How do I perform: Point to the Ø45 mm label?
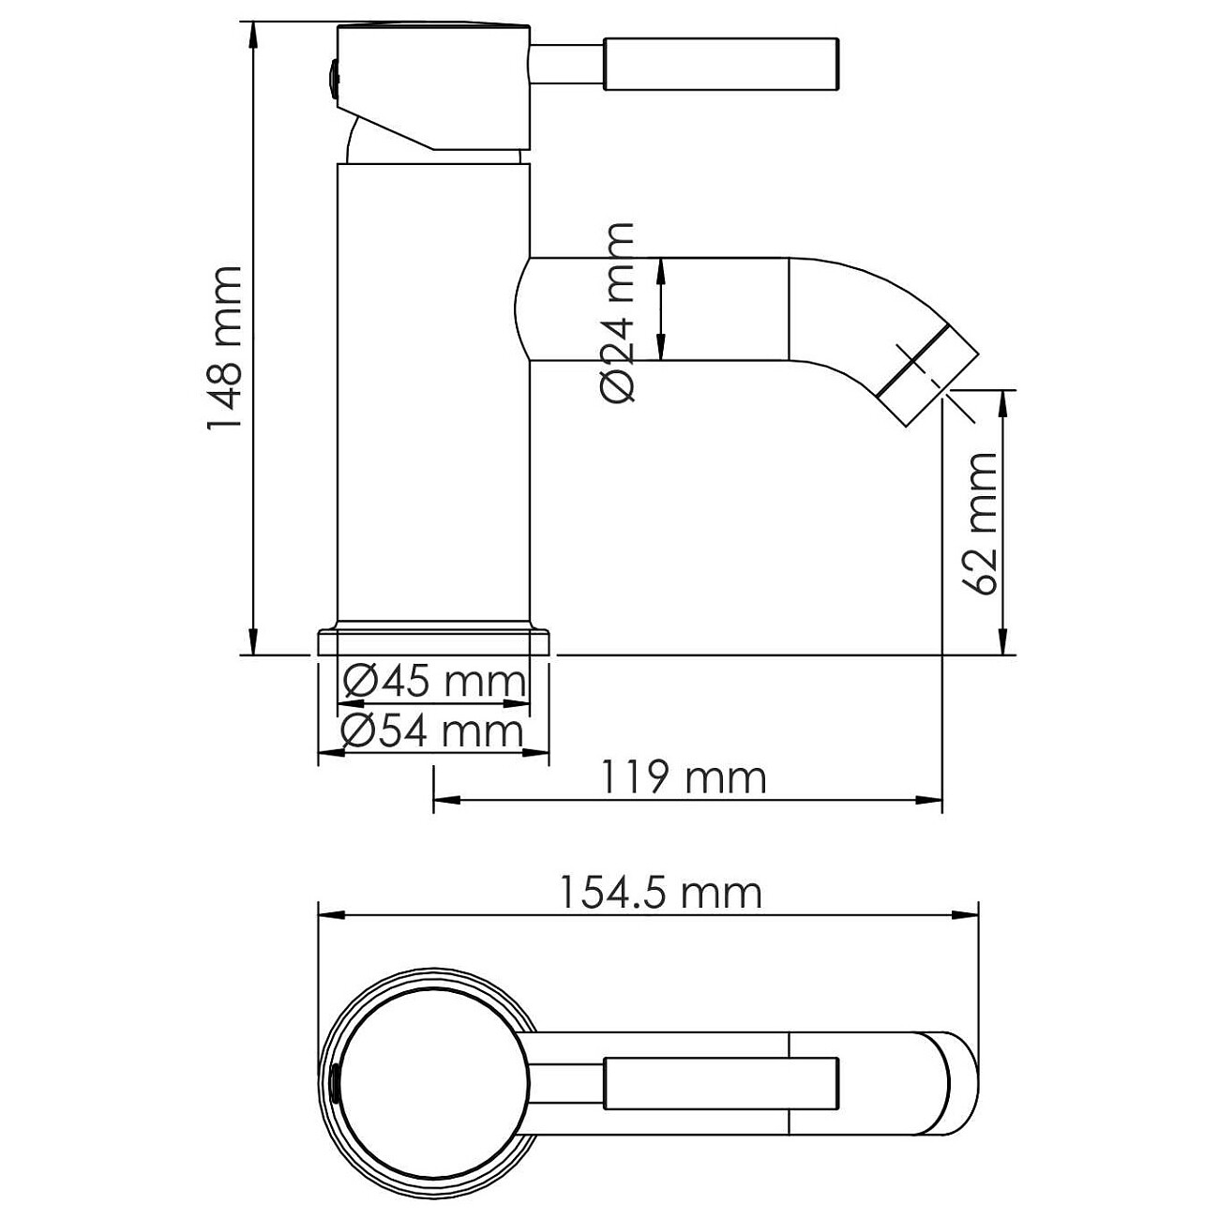[x=433, y=682]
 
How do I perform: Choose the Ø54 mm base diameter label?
[x=431, y=730]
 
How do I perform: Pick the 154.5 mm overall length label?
[x=660, y=893]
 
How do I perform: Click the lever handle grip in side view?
[x=720, y=64]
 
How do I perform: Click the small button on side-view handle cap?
[x=331, y=79]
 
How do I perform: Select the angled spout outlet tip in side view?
[x=928, y=373]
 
